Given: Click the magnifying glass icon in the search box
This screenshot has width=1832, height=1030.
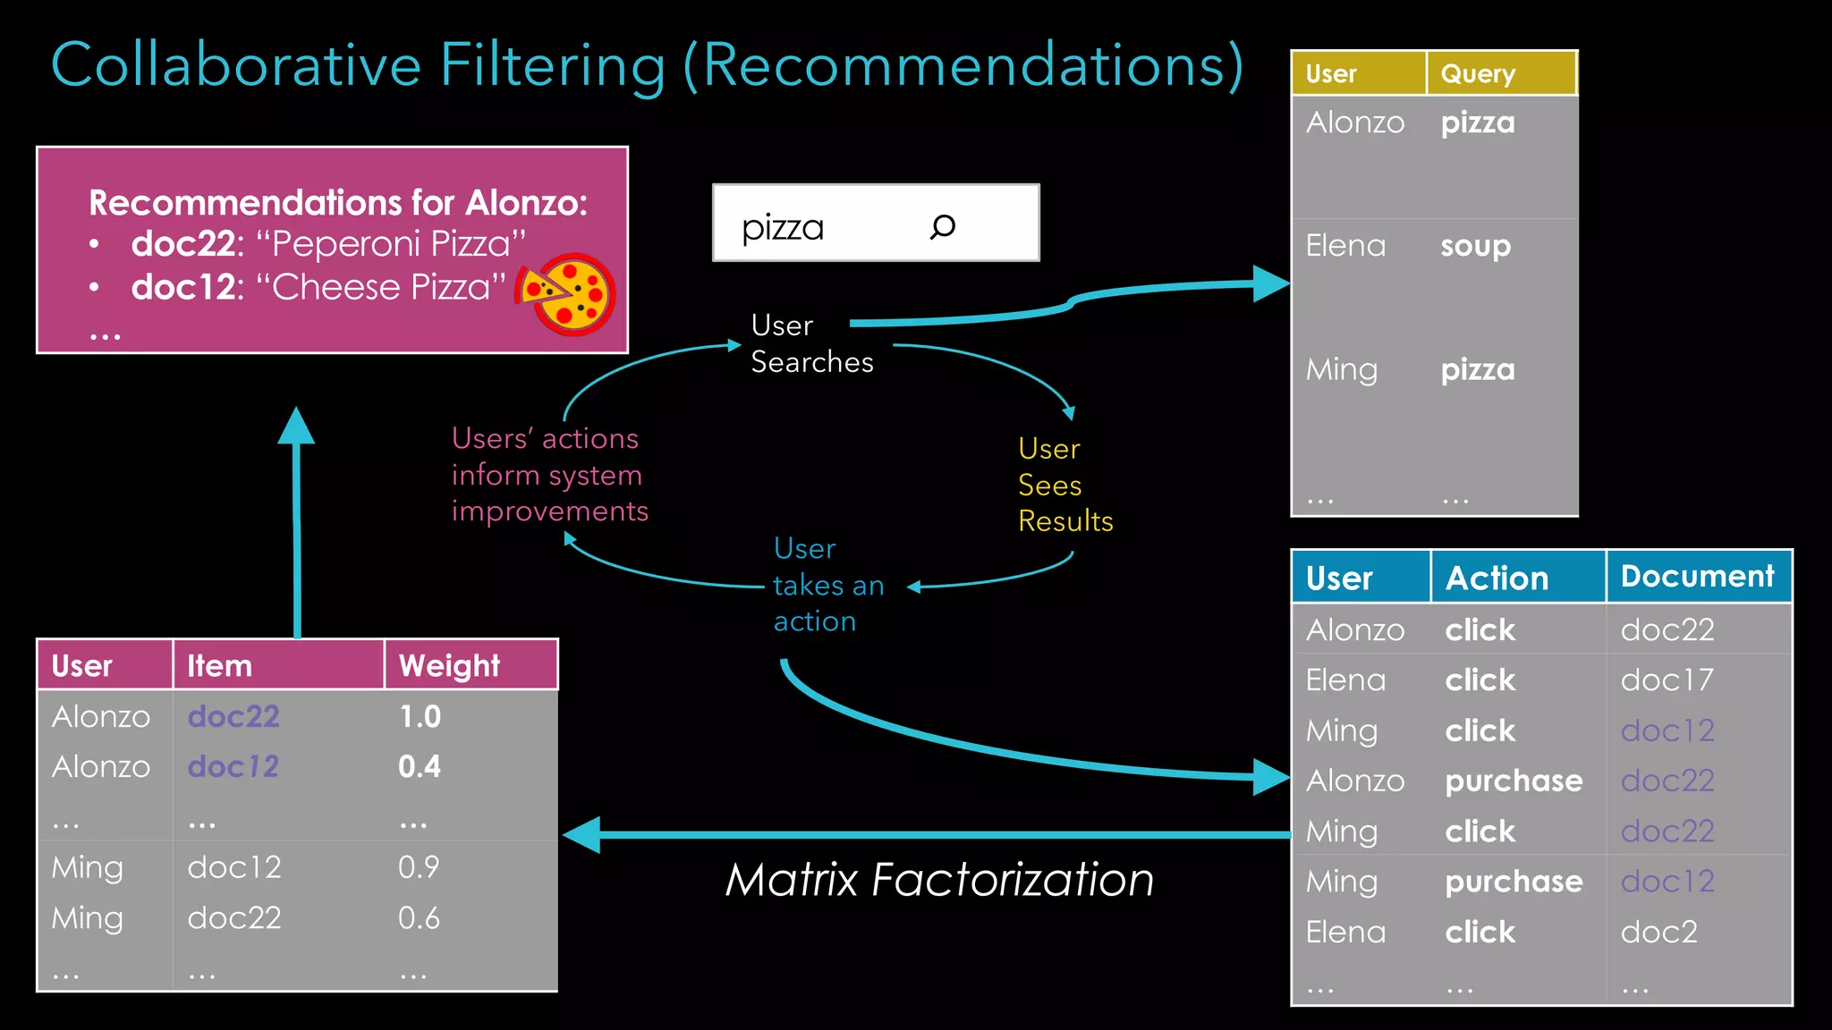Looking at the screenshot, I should click(943, 226).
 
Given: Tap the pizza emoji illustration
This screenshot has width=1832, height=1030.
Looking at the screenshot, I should click(567, 293).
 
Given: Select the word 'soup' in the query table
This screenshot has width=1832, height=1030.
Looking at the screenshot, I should click(1475, 246).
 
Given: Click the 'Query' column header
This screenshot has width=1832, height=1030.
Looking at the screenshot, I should click(1478, 73).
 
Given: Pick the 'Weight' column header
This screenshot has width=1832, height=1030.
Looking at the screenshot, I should click(449, 665).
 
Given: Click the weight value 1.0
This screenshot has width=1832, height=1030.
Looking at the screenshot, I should click(420, 716).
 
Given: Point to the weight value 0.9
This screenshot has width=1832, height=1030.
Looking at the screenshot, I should click(419, 866).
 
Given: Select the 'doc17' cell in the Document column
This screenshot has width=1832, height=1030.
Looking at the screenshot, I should click(1667, 680).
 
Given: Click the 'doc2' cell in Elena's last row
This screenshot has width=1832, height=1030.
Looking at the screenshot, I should click(1658, 932).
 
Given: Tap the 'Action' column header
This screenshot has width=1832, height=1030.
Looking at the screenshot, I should click(1497, 578).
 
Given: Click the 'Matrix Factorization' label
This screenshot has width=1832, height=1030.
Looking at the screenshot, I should click(939, 880).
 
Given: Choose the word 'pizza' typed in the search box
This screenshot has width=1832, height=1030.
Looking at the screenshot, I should click(783, 227).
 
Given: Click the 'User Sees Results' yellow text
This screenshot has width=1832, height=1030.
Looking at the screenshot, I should click(1064, 485).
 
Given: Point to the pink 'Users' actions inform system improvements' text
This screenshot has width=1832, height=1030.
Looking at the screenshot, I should click(549, 475).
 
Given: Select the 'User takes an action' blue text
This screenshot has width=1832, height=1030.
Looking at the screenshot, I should click(827, 585).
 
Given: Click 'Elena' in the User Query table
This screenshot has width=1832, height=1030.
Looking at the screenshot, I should click(1345, 246).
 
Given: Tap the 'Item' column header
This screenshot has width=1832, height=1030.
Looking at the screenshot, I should click(219, 665).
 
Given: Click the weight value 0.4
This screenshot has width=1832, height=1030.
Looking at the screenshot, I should click(420, 766).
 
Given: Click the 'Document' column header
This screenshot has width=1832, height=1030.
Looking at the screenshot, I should click(1697, 577).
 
